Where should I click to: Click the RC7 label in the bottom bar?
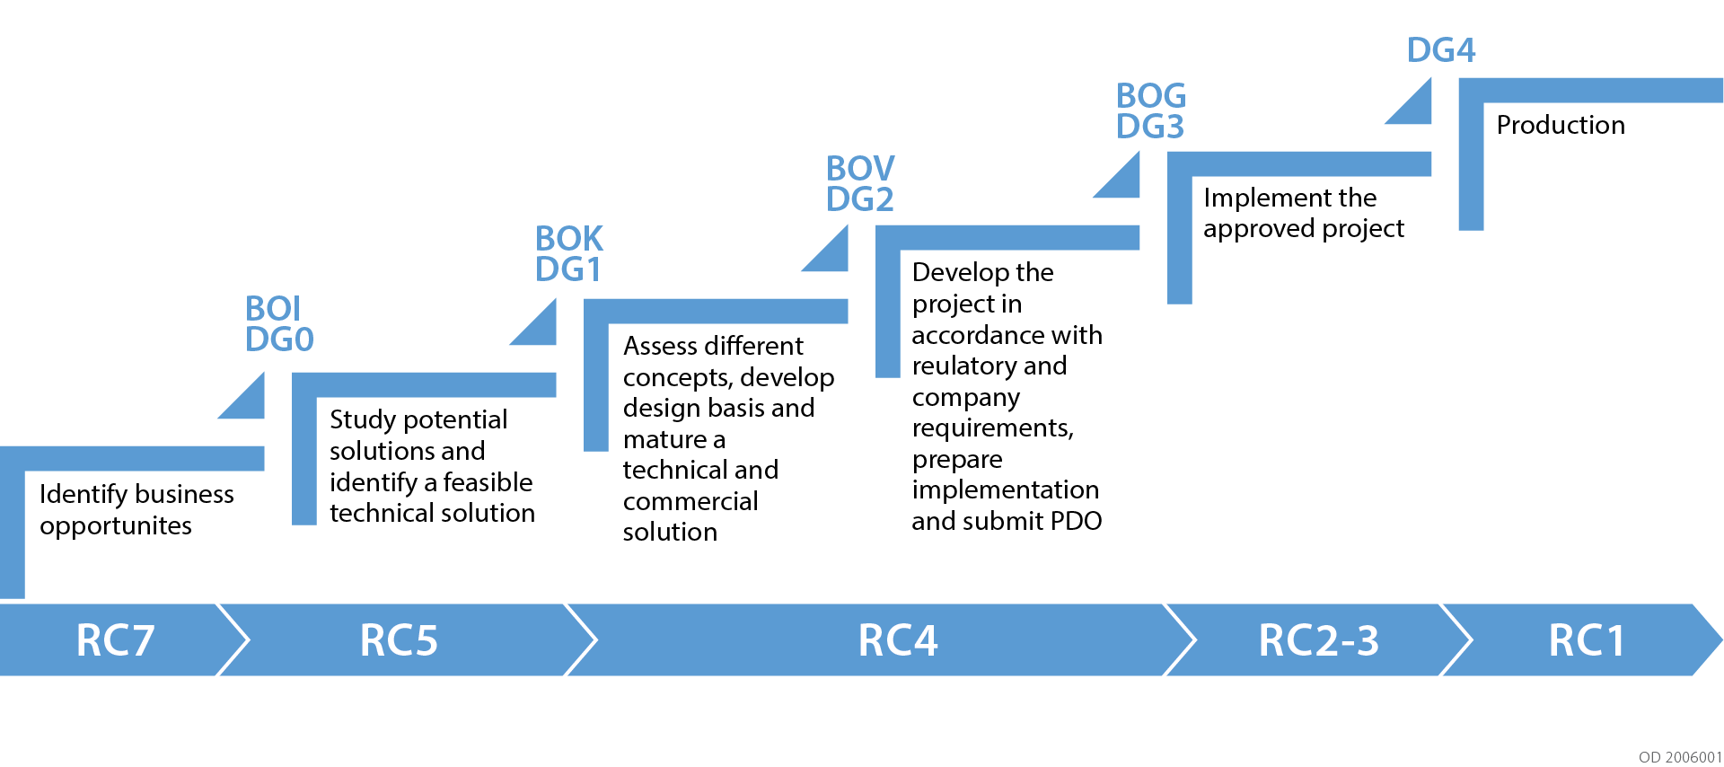click(115, 640)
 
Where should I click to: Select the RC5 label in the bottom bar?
click(399, 640)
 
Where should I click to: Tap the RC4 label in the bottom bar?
click(898, 640)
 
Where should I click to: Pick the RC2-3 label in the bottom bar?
click(1318, 640)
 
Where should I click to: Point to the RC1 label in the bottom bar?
click(1587, 640)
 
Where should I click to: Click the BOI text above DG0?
click(273, 309)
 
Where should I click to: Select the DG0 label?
click(279, 339)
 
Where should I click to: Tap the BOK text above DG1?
click(569, 239)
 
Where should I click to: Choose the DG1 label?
click(567, 269)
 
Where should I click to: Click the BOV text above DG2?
click(860, 169)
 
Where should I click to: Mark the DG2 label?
click(860, 199)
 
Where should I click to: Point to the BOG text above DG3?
click(1151, 96)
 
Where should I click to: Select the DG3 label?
click(1150, 127)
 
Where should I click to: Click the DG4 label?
click(1441, 50)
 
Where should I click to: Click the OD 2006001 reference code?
click(1680, 757)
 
